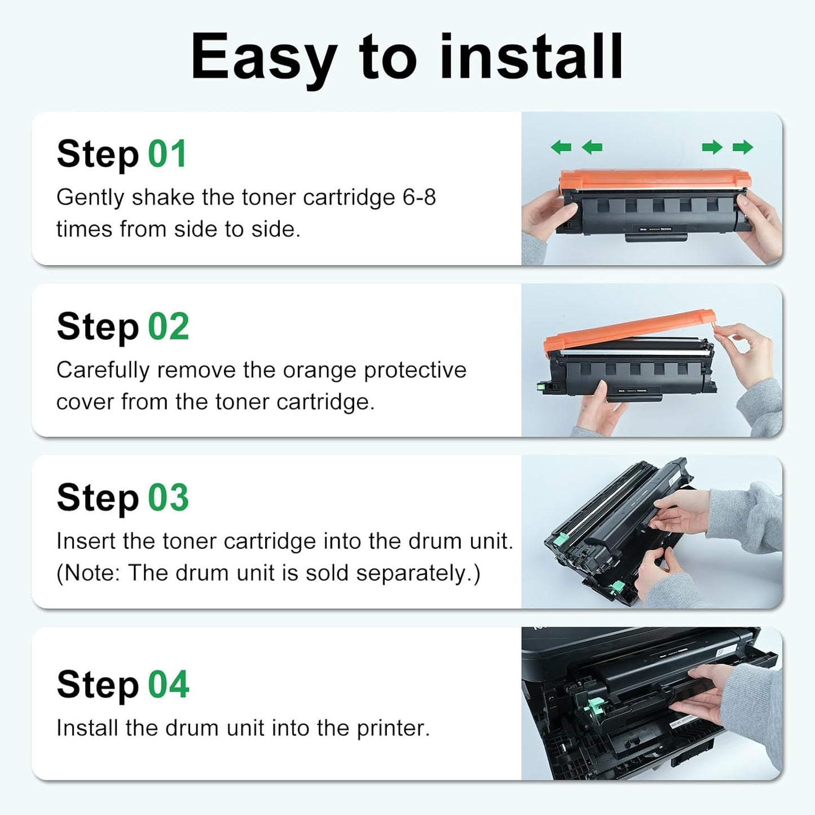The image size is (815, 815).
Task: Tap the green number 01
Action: [167, 154]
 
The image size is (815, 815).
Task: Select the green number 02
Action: [168, 327]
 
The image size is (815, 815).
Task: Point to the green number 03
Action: [168, 498]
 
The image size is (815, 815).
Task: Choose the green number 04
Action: [168, 685]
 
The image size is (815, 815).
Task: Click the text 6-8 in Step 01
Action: [419, 197]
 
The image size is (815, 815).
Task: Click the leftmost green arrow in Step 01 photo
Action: [561, 147]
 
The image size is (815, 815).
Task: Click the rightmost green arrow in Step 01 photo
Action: [743, 147]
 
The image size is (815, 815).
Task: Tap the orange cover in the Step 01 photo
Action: [654, 180]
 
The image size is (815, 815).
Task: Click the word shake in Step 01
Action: [164, 197]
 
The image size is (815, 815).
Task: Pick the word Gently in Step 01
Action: [90, 197]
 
